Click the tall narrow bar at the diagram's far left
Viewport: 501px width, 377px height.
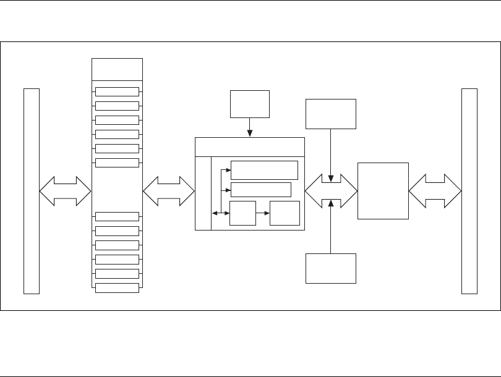(x=31, y=190)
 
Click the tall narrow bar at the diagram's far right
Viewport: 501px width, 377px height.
(x=469, y=190)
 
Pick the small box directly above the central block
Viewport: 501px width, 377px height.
(x=250, y=104)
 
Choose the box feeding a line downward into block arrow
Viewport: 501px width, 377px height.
(x=332, y=114)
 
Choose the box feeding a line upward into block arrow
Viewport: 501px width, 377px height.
(x=332, y=268)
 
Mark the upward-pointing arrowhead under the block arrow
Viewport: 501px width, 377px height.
(x=332, y=201)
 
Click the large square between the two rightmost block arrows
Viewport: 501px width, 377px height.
(x=383, y=190)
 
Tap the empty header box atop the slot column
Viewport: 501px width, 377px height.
(x=117, y=69)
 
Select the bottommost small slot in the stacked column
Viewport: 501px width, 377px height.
(x=117, y=287)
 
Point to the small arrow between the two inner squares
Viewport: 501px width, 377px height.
(x=262, y=213)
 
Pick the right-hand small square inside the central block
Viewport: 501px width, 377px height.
(x=285, y=213)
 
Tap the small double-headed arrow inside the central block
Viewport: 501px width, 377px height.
(x=218, y=213)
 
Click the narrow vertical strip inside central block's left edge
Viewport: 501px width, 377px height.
(x=203, y=193)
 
